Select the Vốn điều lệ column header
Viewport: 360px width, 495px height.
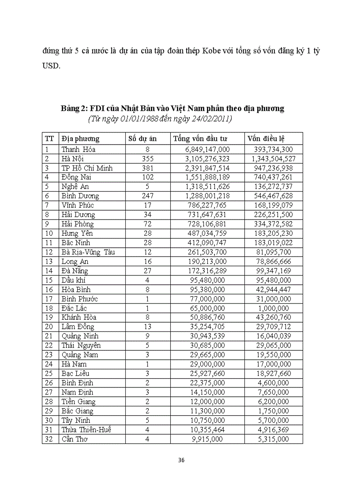[x=266, y=138]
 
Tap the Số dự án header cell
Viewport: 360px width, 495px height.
[x=142, y=138]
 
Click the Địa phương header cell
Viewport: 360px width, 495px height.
[x=80, y=138]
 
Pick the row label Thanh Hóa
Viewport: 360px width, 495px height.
[x=79, y=149]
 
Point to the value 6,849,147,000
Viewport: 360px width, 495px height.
[x=207, y=149]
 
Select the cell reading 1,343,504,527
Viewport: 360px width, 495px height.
[x=274, y=159]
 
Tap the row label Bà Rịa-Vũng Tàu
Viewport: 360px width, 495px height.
[x=88, y=252]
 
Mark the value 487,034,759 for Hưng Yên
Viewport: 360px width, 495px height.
[x=207, y=233]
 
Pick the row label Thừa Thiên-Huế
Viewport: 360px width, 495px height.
[x=86, y=430]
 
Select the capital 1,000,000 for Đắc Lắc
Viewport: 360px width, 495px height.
[x=274, y=308]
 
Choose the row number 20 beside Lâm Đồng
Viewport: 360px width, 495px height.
[x=49, y=327]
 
